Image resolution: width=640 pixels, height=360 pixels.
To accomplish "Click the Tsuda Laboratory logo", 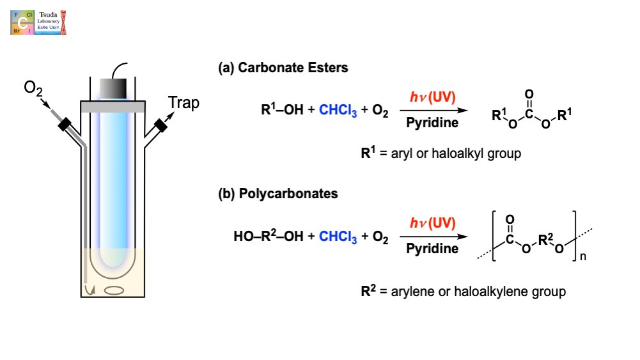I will pyautogui.click(x=38, y=22).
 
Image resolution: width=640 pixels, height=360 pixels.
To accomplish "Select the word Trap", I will pyautogui.click(x=184, y=102).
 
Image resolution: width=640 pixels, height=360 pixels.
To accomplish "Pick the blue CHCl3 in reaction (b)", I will pyautogui.click(x=338, y=238).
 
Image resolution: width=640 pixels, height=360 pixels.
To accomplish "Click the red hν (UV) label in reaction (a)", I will pyautogui.click(x=432, y=97).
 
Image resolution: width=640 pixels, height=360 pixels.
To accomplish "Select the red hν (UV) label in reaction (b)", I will pyautogui.click(x=432, y=223).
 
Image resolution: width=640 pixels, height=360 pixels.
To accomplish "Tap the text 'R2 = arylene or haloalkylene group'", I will pyautogui.click(x=463, y=292).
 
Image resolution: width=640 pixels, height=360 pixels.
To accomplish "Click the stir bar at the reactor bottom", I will pyautogui.click(x=114, y=290).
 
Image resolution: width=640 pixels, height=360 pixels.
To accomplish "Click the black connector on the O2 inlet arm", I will pyautogui.click(x=66, y=126).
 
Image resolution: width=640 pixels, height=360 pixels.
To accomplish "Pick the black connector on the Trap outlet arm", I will pyautogui.click(x=160, y=125).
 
